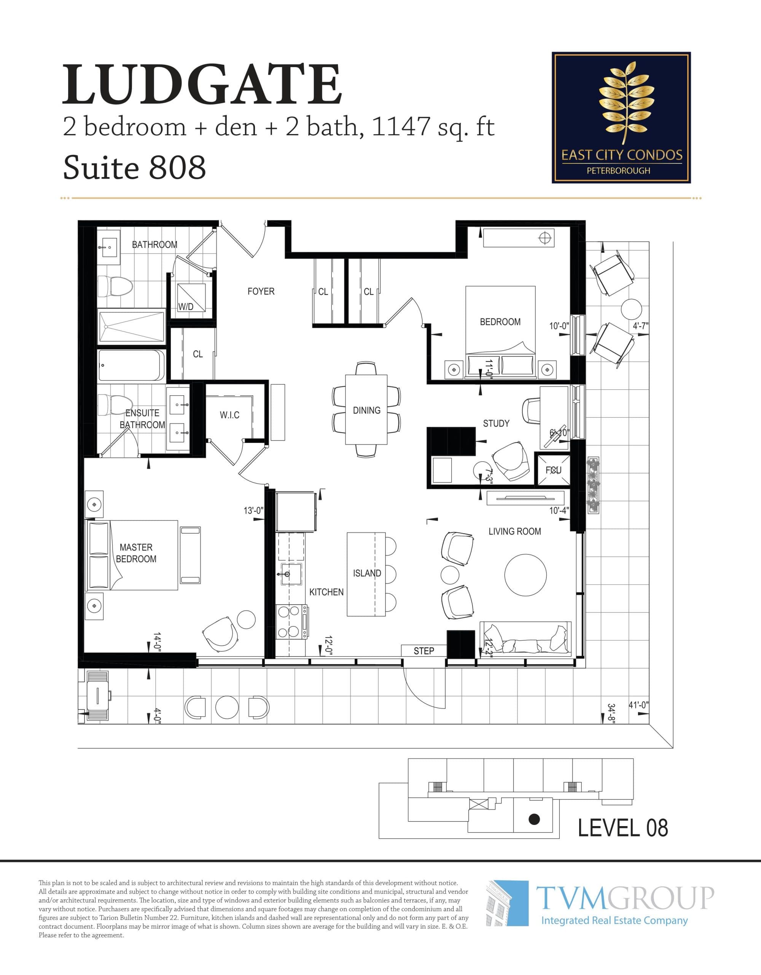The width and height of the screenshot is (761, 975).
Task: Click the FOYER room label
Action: point(261,291)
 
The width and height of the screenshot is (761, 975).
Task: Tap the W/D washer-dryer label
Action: point(186,306)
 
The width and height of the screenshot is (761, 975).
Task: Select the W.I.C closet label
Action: point(229,415)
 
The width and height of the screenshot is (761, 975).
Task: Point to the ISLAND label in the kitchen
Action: point(367,573)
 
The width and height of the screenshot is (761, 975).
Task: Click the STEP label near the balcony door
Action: point(423,651)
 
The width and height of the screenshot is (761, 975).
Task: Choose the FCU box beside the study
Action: point(553,470)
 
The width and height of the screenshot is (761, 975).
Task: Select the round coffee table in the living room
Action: point(525,575)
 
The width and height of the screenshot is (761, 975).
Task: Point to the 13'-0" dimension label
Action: point(253,510)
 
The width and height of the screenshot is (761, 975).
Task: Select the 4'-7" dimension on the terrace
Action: point(640,326)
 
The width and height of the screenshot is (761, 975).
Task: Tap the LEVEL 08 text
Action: point(623,828)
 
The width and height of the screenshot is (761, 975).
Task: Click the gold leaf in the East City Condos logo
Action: point(621,103)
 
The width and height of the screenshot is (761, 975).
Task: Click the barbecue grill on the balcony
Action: point(97,695)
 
